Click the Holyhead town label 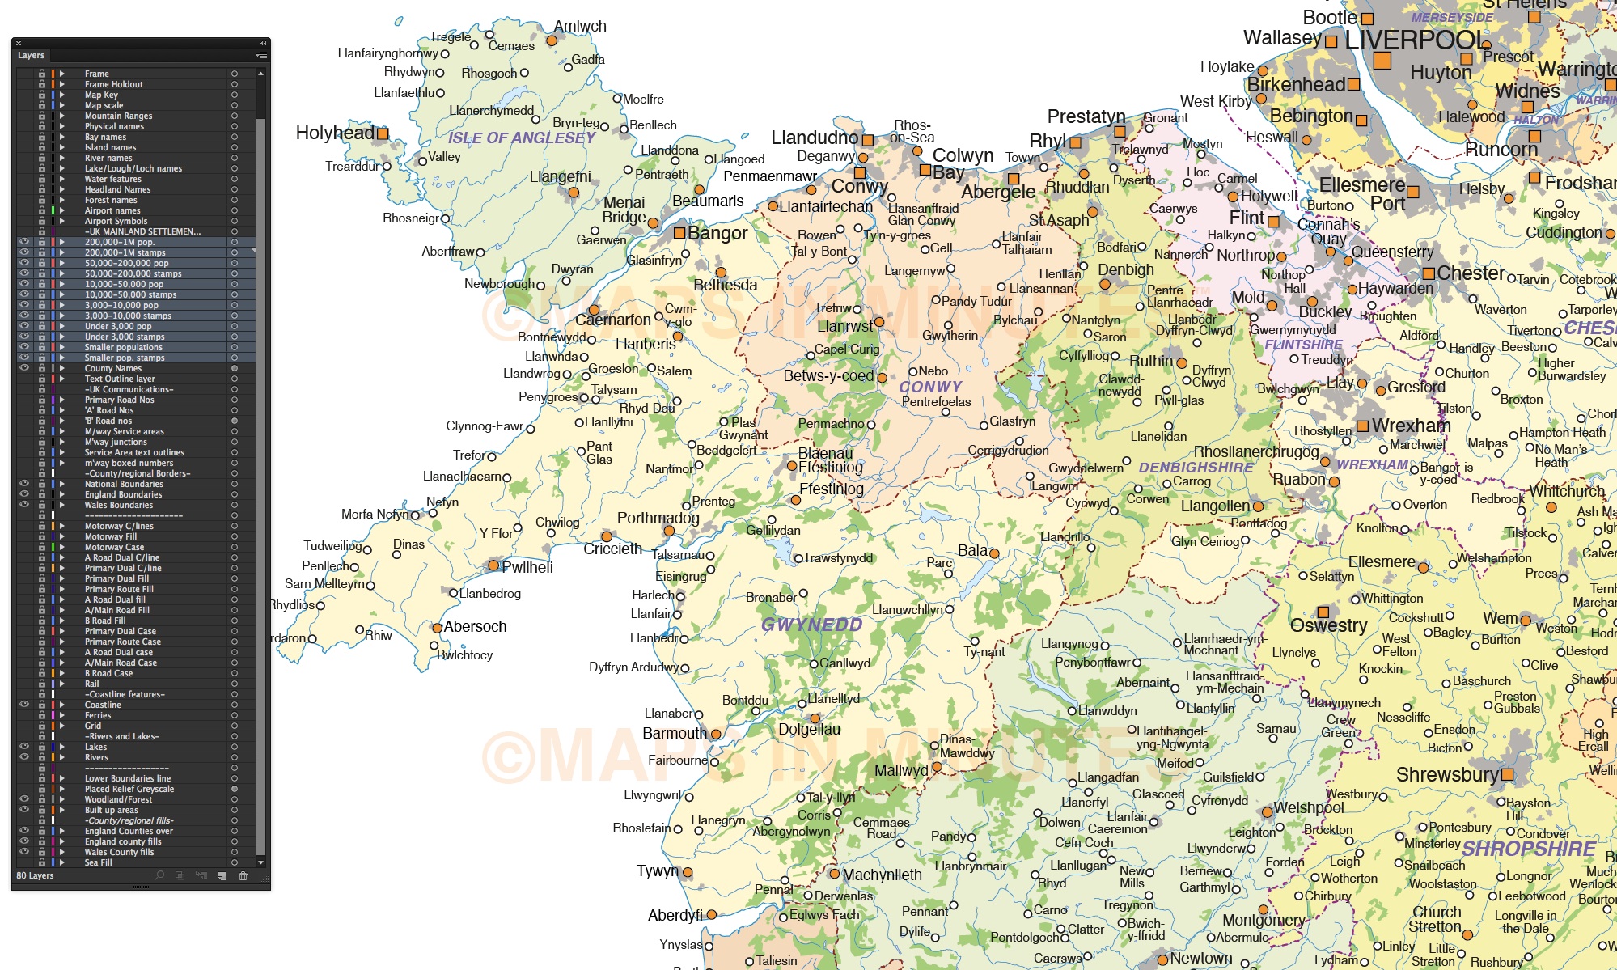click(x=335, y=133)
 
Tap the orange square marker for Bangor click(x=679, y=233)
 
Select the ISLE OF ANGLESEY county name click(x=522, y=138)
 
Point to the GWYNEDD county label click(x=811, y=625)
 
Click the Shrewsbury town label click(x=1447, y=775)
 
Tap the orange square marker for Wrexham click(x=1363, y=426)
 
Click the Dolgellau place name click(x=809, y=730)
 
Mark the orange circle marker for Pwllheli click(x=493, y=566)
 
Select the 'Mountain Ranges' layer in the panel click(x=118, y=116)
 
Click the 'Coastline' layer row click(x=103, y=705)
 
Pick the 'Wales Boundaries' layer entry click(x=118, y=505)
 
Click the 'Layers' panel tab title click(x=31, y=55)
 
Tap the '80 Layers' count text click(x=35, y=875)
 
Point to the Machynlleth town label click(x=882, y=875)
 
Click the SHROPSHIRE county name click(x=1528, y=849)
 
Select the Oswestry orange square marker click(x=1323, y=612)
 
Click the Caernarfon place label click(x=613, y=320)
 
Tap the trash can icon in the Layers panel click(x=243, y=875)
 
